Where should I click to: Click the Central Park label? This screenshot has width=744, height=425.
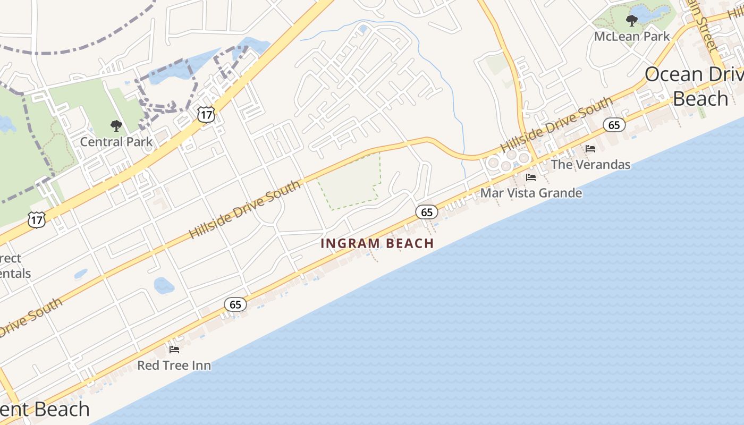(116, 142)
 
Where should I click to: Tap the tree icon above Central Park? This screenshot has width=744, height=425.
(116, 126)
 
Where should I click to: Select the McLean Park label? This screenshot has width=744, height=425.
(632, 37)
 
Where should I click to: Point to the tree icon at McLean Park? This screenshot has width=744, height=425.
(631, 21)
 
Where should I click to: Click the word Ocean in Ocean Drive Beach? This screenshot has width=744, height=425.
(674, 74)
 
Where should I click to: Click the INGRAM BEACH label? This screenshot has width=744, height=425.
(377, 243)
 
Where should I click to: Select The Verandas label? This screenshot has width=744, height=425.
(590, 164)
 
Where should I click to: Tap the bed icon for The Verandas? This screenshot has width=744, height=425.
(590, 148)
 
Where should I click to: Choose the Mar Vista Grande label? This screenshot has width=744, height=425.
(531, 193)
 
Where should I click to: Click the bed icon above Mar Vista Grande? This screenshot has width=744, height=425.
(530, 177)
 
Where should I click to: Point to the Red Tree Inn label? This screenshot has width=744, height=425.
(174, 365)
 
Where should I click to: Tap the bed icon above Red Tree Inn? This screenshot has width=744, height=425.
(174, 349)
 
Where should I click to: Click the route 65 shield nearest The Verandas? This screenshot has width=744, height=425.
(614, 125)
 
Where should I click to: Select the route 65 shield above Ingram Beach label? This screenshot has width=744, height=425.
(427, 212)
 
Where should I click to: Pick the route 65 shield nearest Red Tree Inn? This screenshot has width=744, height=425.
(235, 304)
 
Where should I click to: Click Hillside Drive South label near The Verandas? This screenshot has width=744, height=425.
(556, 124)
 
